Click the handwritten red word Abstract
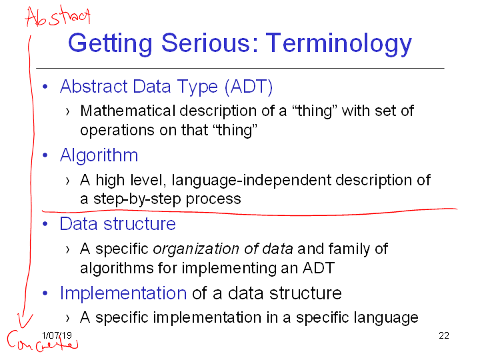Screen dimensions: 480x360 [x=58, y=16]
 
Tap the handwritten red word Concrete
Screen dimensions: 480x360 [x=43, y=341]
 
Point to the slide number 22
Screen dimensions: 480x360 [x=444, y=335]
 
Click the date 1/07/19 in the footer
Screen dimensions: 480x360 [x=57, y=335]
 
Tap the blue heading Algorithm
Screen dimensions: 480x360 [x=99, y=155]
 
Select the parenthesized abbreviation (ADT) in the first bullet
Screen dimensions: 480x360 [x=248, y=87]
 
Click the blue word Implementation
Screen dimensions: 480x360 [x=123, y=293]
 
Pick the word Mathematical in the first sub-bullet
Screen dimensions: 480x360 [x=127, y=111]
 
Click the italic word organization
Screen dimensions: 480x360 [x=196, y=249]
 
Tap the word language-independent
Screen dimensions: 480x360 [x=251, y=180]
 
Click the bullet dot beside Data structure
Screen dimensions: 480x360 [x=45, y=224]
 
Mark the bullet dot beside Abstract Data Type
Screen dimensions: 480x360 [x=45, y=87]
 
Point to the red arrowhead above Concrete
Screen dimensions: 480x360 [x=24, y=321]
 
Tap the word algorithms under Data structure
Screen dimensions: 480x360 [x=117, y=269]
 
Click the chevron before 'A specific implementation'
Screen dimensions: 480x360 [x=67, y=318]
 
